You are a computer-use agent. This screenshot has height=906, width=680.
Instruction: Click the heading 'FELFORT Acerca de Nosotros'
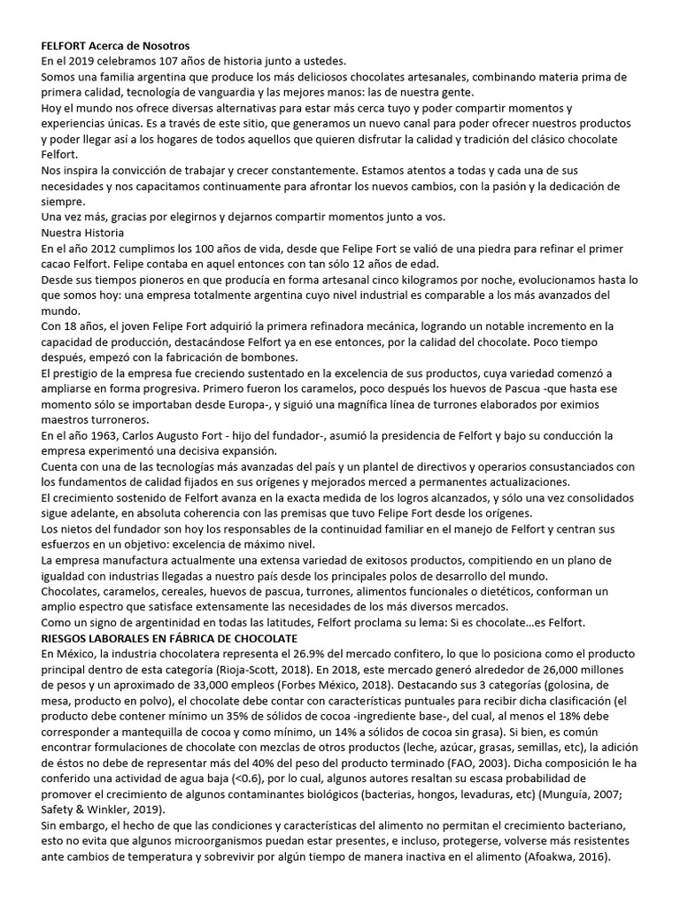click(115, 45)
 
